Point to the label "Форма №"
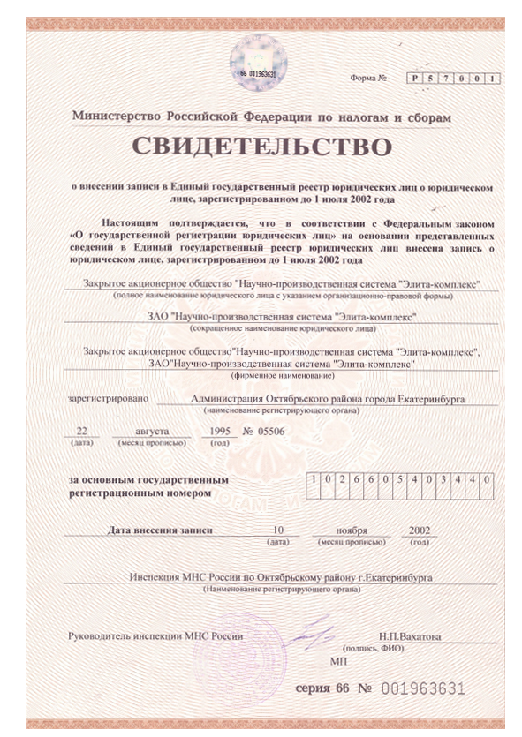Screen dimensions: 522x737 [x=370, y=80]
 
